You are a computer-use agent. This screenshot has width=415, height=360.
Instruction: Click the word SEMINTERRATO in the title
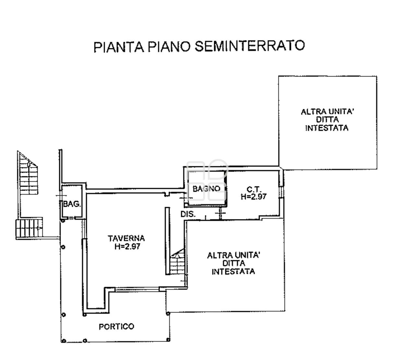click(250, 46)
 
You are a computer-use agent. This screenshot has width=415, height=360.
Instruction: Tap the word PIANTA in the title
click(119, 47)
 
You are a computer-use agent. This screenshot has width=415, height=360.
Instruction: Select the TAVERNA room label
click(126, 238)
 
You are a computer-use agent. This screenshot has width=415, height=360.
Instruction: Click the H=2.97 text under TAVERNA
click(127, 247)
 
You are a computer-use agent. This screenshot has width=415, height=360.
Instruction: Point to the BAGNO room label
click(206, 189)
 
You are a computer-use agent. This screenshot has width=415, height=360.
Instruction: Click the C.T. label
click(254, 189)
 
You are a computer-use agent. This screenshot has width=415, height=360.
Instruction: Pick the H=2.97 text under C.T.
click(254, 196)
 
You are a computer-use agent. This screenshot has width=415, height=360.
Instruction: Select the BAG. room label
click(72, 204)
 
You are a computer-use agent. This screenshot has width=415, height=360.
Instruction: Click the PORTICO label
click(116, 327)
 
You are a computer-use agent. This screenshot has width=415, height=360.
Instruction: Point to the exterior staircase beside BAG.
click(29, 195)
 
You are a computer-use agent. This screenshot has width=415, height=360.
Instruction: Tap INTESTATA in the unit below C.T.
click(233, 272)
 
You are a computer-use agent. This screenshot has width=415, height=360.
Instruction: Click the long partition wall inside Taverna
click(168, 241)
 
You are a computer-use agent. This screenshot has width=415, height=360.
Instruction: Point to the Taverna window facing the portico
click(137, 289)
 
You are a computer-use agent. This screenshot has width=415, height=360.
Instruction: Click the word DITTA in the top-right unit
click(327, 120)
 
